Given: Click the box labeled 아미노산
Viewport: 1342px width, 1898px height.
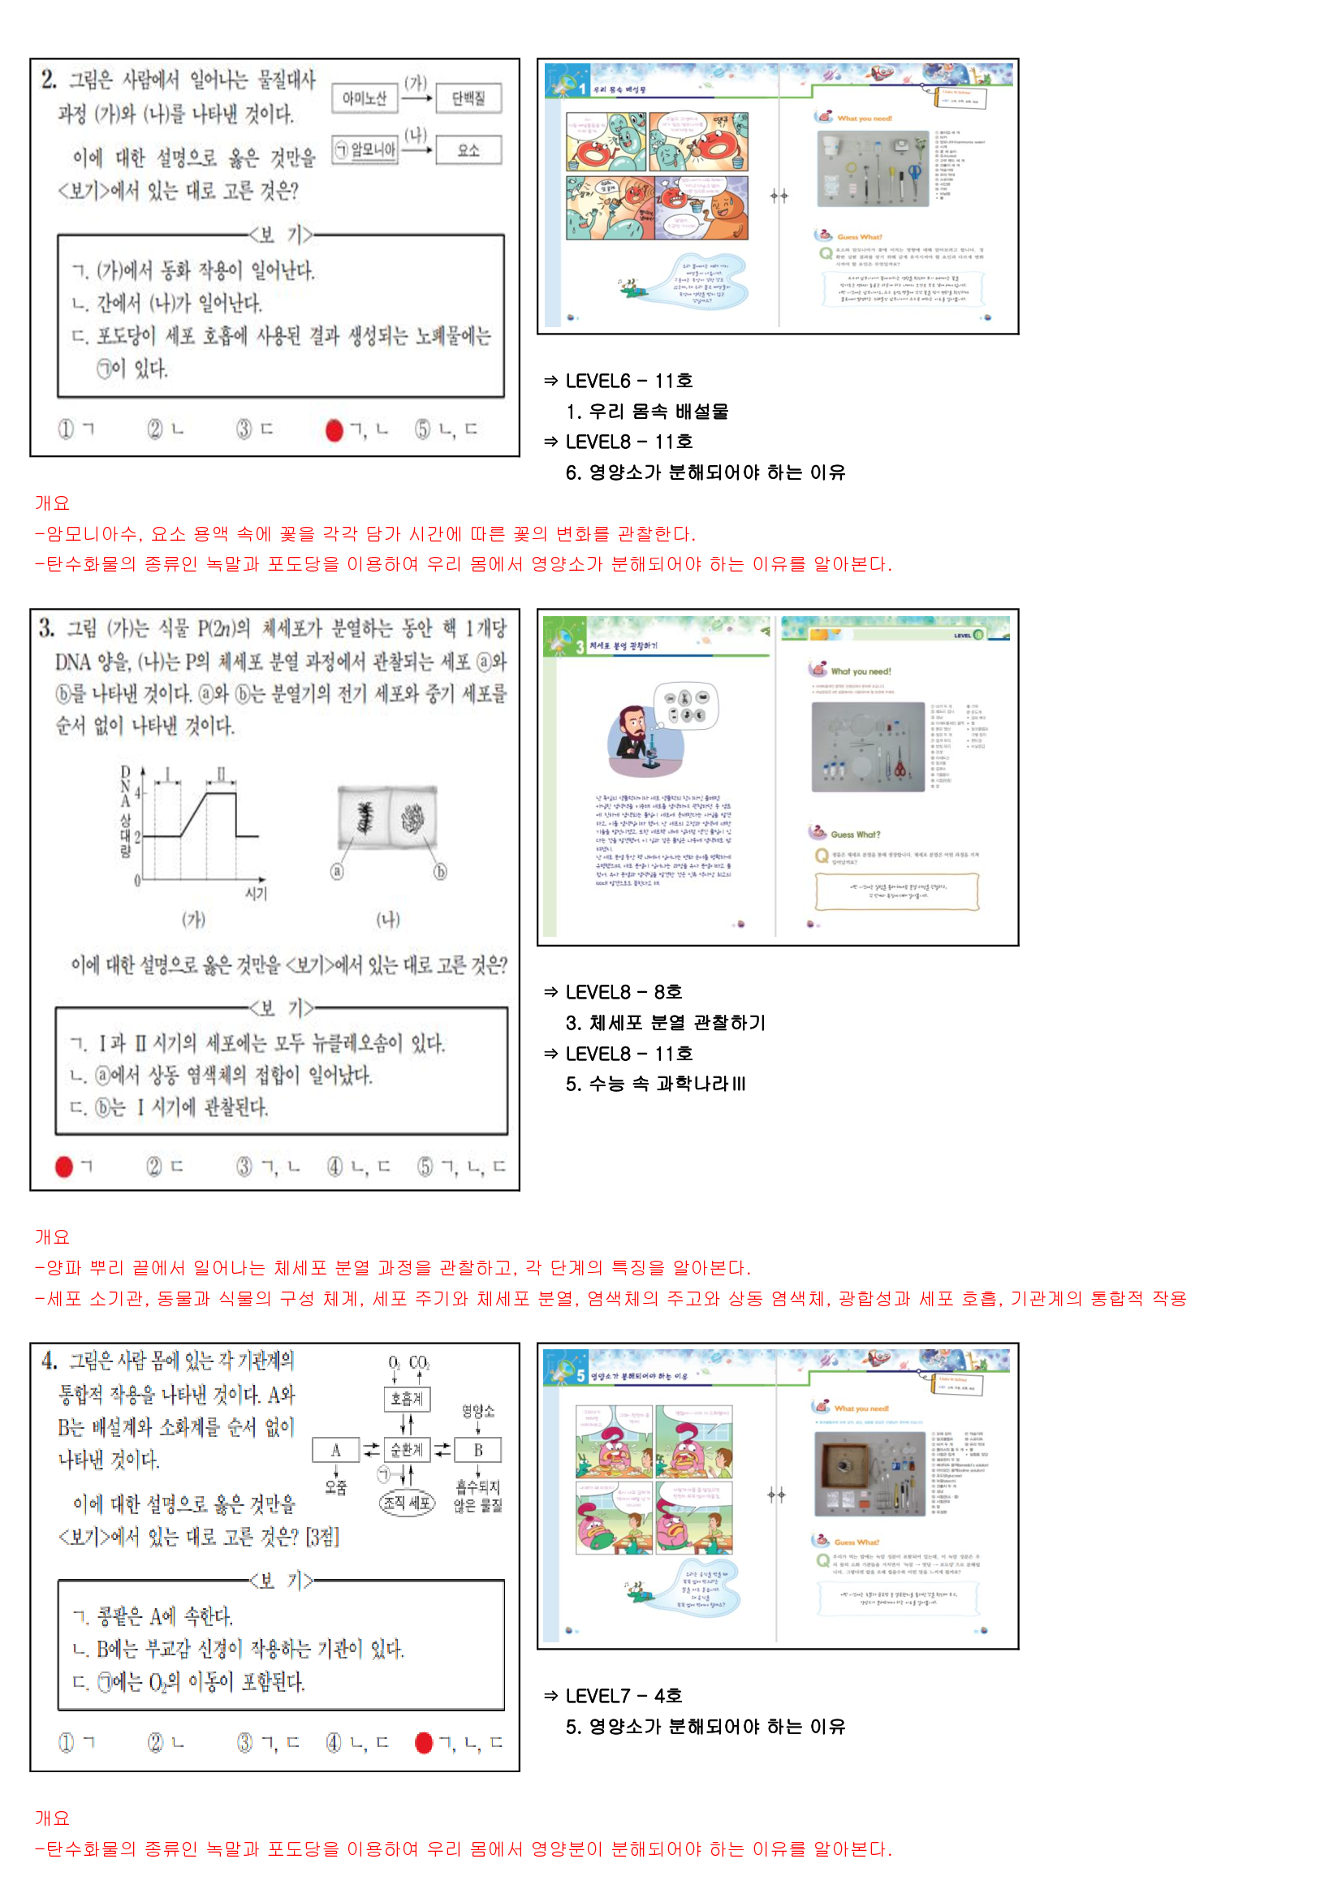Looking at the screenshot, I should (x=364, y=98).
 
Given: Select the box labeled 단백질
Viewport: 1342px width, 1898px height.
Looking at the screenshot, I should (x=468, y=98).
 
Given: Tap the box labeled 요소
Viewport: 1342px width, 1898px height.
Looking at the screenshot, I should (x=468, y=149).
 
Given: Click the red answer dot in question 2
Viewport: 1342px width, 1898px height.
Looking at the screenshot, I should (x=334, y=430).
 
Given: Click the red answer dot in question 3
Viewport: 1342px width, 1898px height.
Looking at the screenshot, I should (x=63, y=1167).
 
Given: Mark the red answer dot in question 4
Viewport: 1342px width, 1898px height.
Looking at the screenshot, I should (x=423, y=1743).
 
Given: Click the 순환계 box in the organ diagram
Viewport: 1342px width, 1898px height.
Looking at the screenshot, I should (x=407, y=1449).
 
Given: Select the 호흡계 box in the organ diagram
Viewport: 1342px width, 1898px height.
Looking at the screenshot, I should (x=407, y=1399).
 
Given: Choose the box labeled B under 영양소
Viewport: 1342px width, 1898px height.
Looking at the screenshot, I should (x=478, y=1449).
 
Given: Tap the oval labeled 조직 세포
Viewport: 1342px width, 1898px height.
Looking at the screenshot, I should (x=407, y=1503).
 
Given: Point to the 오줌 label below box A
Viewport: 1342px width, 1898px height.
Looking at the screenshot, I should (x=336, y=1487).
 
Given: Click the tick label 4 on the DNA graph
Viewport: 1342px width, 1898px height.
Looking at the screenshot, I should (x=137, y=793).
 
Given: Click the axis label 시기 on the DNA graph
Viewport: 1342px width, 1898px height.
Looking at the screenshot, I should (x=256, y=894).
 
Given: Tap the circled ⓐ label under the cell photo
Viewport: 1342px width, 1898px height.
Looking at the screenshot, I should (x=337, y=871).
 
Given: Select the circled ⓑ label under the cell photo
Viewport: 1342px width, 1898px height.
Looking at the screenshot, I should (x=440, y=871).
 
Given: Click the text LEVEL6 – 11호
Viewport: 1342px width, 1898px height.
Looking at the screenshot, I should (x=628, y=381).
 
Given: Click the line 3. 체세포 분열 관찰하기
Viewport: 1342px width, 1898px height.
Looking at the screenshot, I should (x=666, y=1023).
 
